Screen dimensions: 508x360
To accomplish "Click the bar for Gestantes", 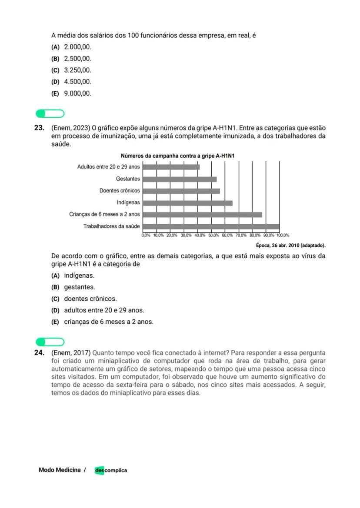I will pyautogui.click(x=180, y=179).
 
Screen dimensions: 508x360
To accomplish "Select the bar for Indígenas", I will pyautogui.click(x=187, y=203).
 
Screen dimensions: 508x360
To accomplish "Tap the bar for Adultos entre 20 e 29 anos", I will pyautogui.click(x=171, y=167).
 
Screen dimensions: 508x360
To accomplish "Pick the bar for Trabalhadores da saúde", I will pyautogui.click(x=211, y=226).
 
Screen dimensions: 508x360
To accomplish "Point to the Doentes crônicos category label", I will pyautogui.click(x=120, y=191).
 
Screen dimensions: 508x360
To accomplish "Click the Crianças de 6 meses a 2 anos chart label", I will pyautogui.click(x=104, y=214).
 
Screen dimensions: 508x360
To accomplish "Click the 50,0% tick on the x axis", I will pyautogui.click(x=213, y=235).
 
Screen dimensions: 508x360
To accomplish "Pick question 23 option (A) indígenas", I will pyautogui.click(x=73, y=276).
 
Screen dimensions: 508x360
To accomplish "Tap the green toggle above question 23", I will pyautogui.click(x=50, y=114).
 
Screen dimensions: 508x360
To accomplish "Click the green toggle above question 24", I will pyautogui.click(x=50, y=342).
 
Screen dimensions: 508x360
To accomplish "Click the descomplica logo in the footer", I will pyautogui.click(x=111, y=470).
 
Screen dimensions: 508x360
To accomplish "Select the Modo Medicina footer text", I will pyautogui.click(x=60, y=470).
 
